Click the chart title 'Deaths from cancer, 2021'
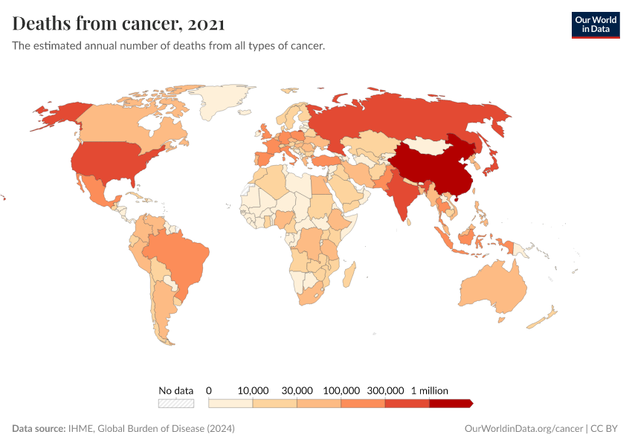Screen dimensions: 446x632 (x=118, y=24)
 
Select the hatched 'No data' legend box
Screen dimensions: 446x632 (x=175, y=403)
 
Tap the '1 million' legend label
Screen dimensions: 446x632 (x=429, y=390)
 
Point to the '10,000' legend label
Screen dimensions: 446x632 (x=253, y=390)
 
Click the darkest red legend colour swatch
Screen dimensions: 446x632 (x=451, y=403)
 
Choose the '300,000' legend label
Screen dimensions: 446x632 (x=385, y=390)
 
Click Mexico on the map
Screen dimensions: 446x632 (x=93, y=190)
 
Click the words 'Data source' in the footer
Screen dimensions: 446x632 (x=39, y=429)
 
